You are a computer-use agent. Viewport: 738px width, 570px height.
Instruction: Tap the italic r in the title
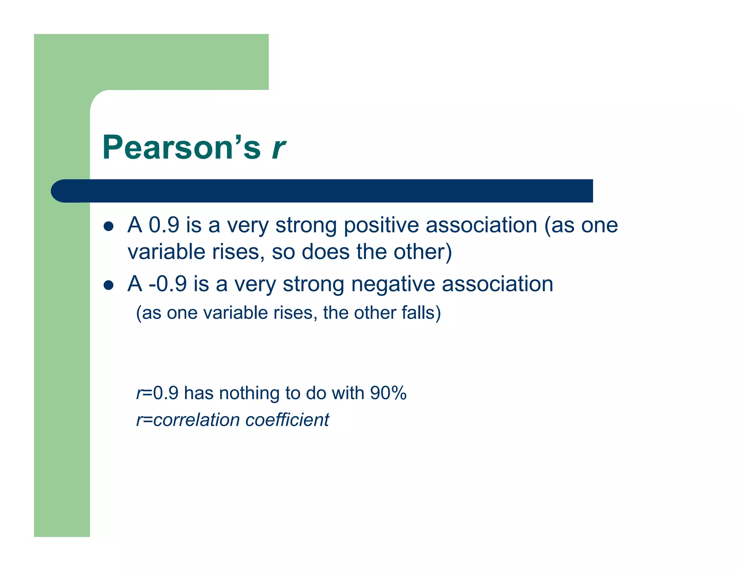[x=279, y=148]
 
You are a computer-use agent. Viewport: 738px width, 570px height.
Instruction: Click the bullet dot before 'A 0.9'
[x=108, y=227]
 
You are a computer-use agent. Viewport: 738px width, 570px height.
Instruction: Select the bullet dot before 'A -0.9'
[x=108, y=285]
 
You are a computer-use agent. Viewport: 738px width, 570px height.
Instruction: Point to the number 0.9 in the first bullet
[x=164, y=225]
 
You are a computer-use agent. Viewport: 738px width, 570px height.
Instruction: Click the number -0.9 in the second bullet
[x=168, y=284]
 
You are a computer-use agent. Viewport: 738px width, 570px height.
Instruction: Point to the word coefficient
[x=287, y=420]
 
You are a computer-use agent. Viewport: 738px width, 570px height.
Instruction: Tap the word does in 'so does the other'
[x=325, y=252]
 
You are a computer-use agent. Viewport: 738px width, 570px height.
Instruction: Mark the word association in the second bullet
[x=497, y=284]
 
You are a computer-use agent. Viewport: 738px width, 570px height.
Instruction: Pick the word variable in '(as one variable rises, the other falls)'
[x=236, y=313]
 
